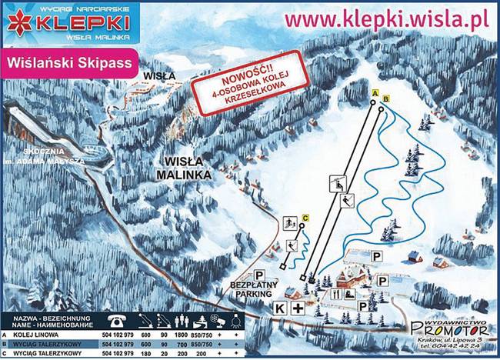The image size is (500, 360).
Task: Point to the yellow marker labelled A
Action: [375, 93]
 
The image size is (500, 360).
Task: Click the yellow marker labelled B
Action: [386, 98]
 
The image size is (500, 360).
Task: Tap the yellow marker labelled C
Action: [305, 218]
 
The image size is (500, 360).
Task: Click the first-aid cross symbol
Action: [298, 307]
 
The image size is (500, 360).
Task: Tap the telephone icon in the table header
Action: [118, 319]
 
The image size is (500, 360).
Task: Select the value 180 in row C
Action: [145, 354]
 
